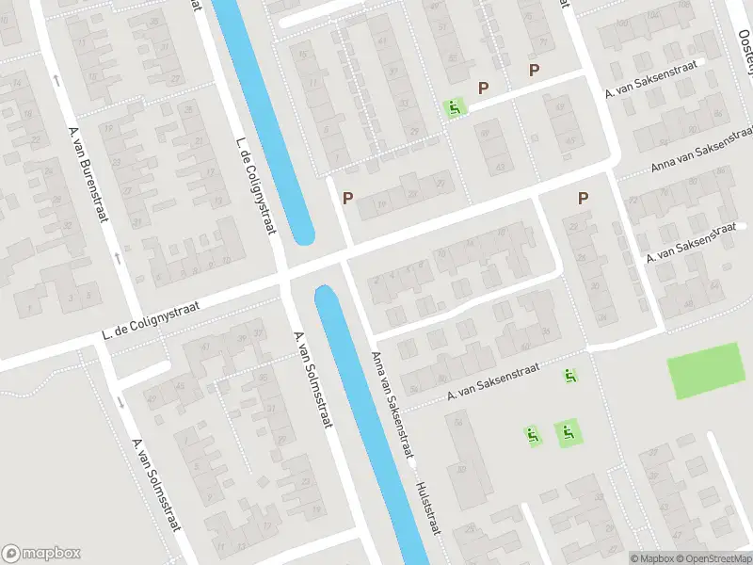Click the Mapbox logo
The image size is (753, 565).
coord(41,554)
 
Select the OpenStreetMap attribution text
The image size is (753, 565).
coord(715,558)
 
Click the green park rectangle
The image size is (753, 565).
coord(705,371)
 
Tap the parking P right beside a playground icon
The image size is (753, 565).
coord(484,89)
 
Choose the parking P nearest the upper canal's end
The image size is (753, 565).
coord(347,199)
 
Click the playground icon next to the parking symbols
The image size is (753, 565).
coord(455,108)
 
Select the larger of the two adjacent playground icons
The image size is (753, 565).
coord(567,433)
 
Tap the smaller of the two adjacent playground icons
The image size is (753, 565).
coord(533,435)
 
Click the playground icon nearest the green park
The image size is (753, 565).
coord(570,376)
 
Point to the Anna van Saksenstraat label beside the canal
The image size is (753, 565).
coord(393,405)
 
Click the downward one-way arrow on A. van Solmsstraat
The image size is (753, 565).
coord(120,402)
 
